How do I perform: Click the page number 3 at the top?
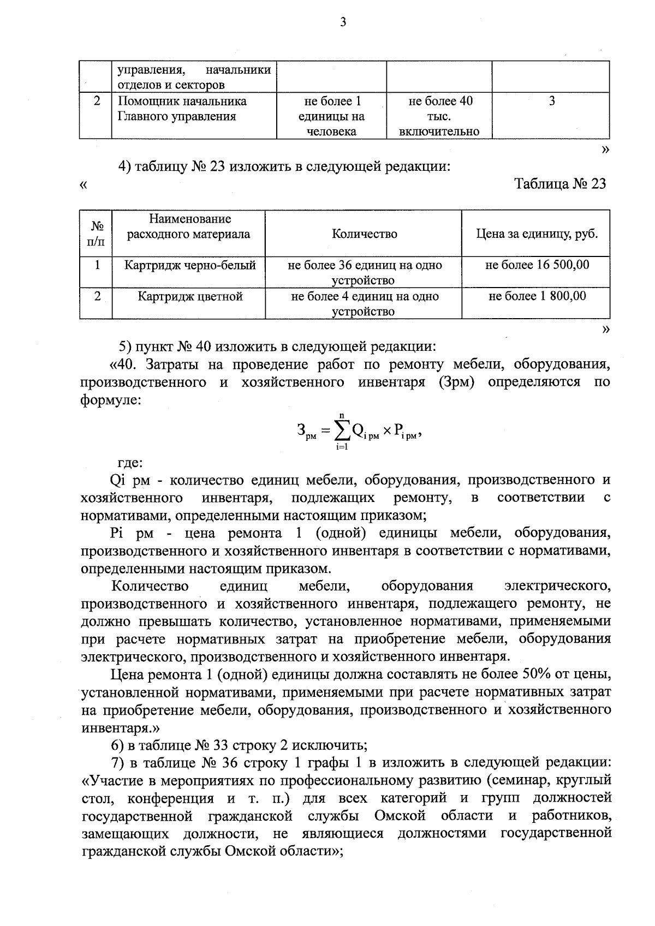pos(343,22)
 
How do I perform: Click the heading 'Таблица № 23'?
pos(560,184)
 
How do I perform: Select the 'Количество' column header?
pos(364,234)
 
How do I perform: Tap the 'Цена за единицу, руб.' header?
pos(537,234)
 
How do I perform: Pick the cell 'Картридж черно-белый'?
pos(190,266)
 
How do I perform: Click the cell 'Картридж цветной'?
pos(190,297)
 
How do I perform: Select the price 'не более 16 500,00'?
pos(537,265)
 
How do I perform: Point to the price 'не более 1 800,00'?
pos(537,296)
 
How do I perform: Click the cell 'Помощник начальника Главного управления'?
pos(183,109)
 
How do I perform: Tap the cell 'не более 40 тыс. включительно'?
pos(439,116)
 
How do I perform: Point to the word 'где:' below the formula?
pos(130,463)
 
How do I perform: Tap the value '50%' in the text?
pos(537,674)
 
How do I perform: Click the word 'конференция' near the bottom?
pos(170,798)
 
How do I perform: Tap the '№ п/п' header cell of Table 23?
pos(96,234)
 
